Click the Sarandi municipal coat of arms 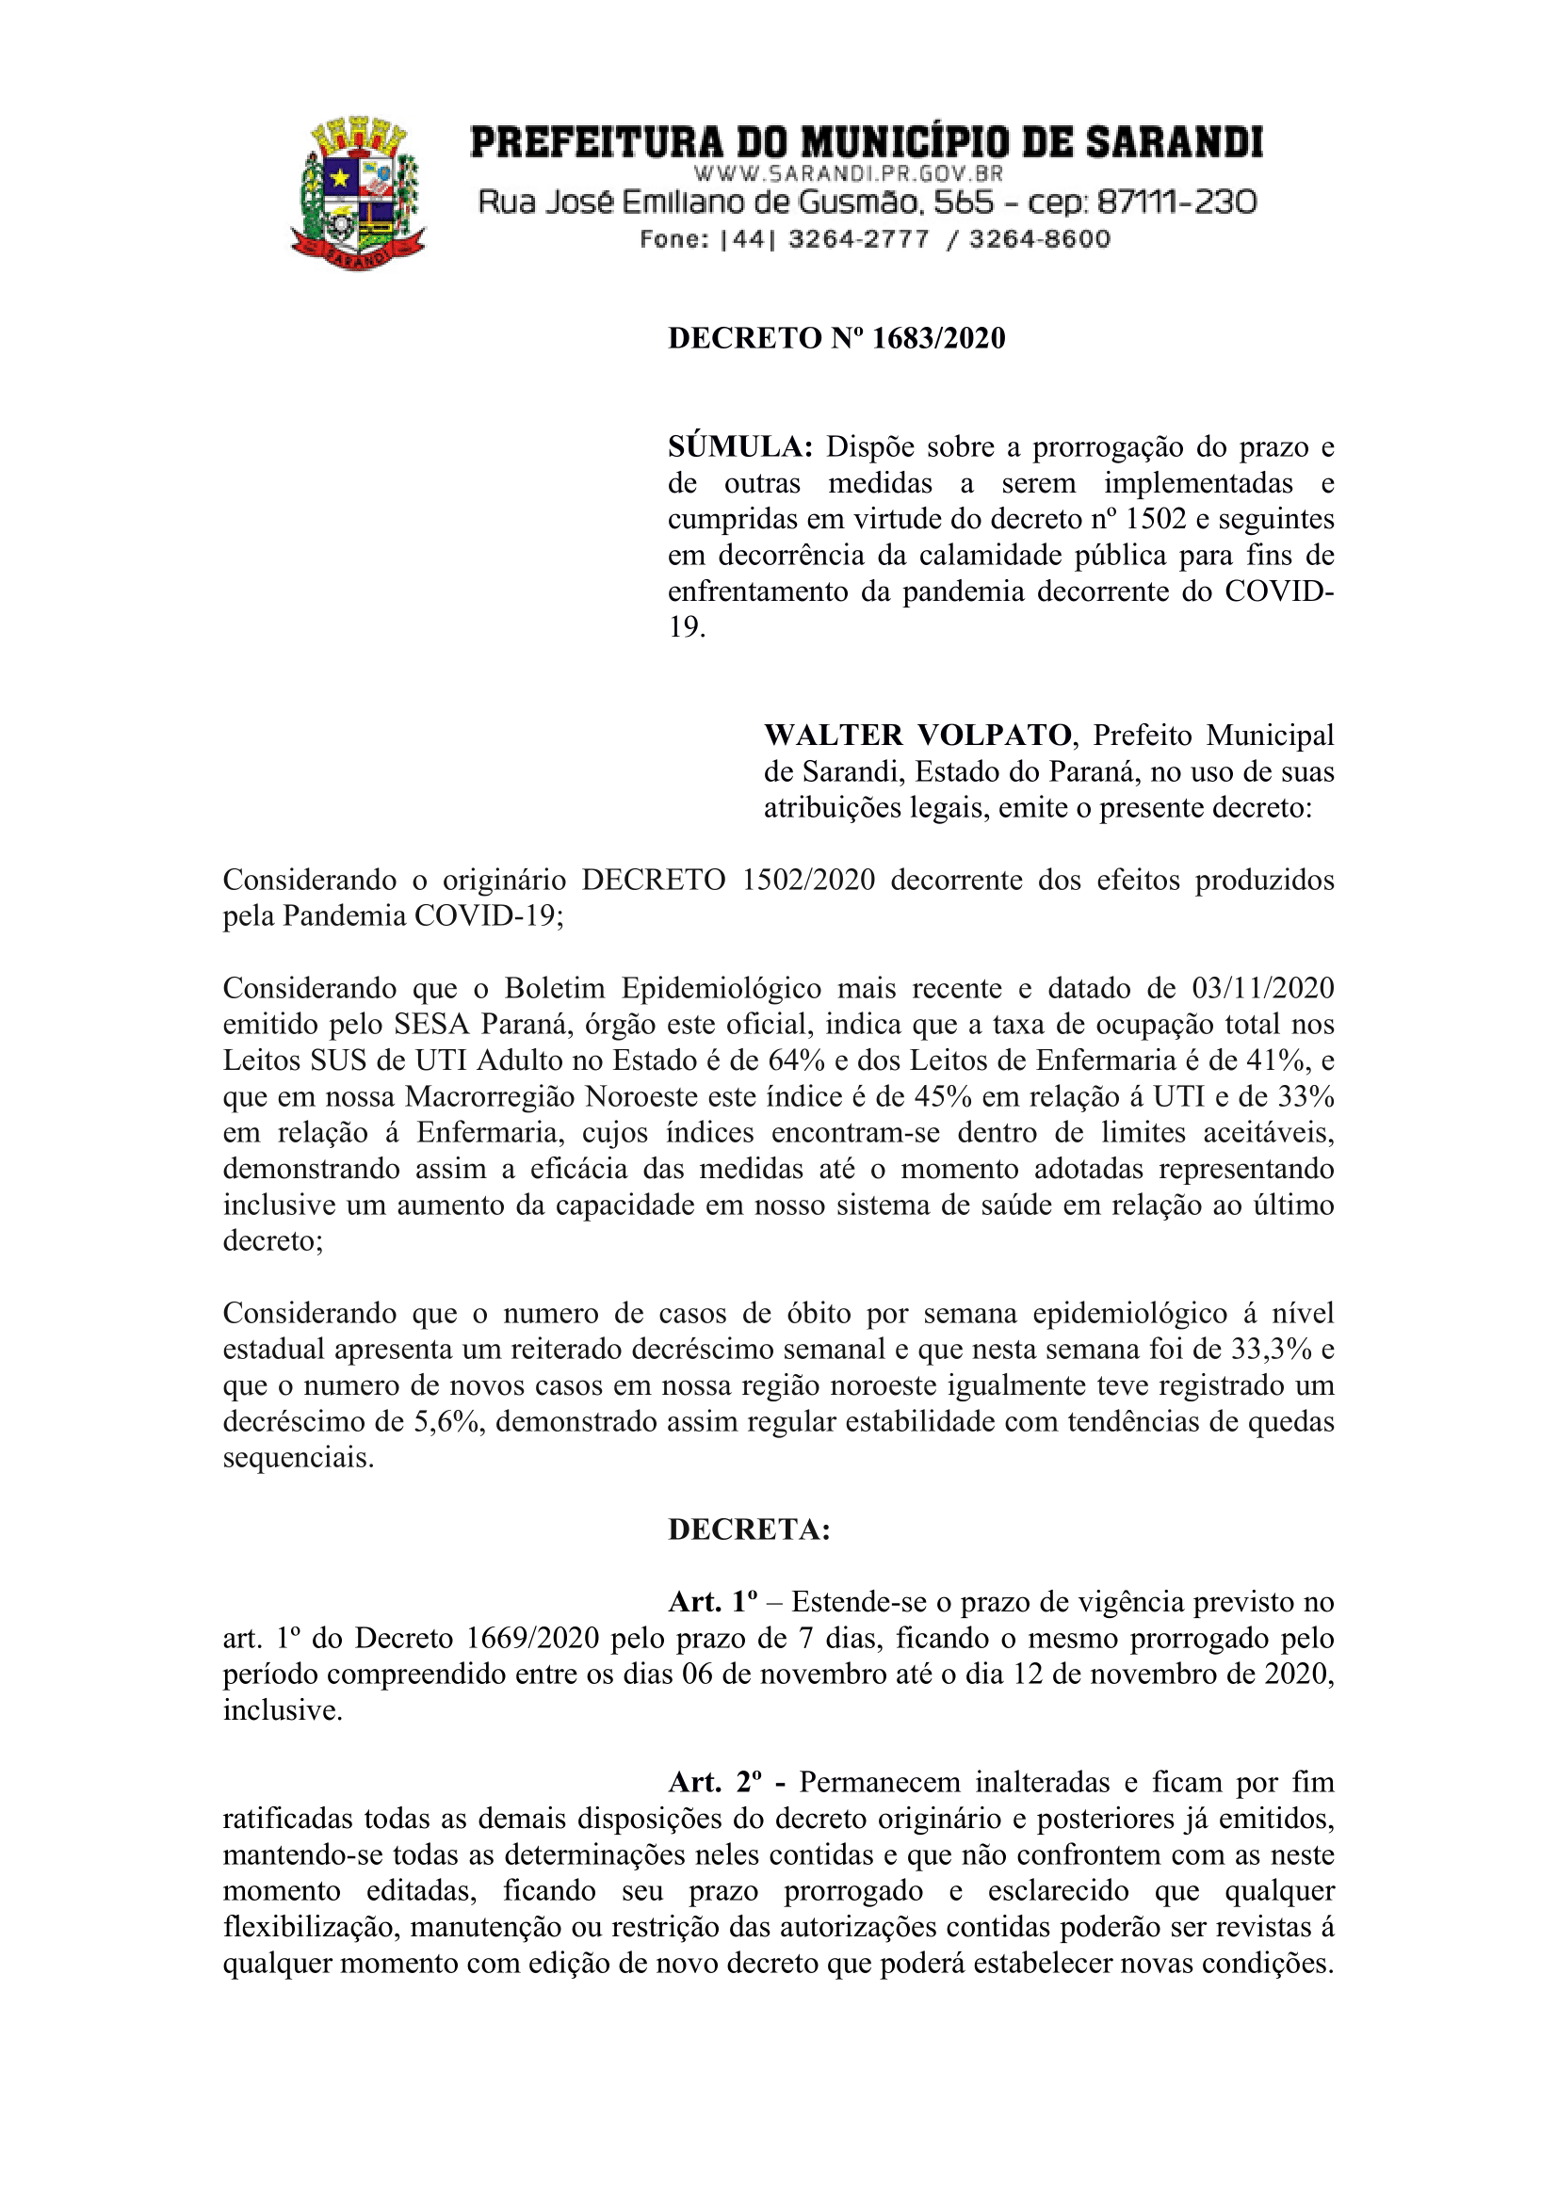(358, 193)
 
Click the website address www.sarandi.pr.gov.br (848, 173)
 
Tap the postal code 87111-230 (1176, 202)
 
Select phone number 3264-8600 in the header (1039, 238)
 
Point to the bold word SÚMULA (740, 446)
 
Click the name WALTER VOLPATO (917, 736)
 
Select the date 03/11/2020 (1263, 988)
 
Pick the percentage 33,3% (1272, 1349)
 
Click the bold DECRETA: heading (749, 1529)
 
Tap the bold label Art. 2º (715, 1782)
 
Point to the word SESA (431, 1024)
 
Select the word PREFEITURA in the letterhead (595, 143)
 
